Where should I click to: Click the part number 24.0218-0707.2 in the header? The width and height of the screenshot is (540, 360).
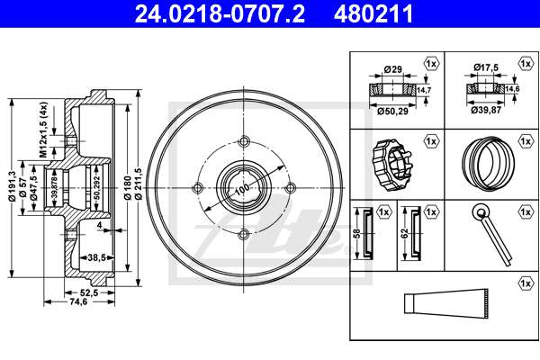click(x=220, y=13)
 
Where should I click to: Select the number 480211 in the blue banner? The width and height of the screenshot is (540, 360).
click(x=373, y=13)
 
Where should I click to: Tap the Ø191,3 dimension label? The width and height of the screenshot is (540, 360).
click(x=13, y=186)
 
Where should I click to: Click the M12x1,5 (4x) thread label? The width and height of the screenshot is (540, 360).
click(x=43, y=130)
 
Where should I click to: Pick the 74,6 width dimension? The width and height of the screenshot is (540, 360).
click(x=79, y=301)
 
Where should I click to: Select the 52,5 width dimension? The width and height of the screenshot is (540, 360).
click(x=89, y=292)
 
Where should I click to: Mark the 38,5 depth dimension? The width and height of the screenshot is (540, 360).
click(x=96, y=257)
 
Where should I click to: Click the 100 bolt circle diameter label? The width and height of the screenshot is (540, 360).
click(x=243, y=188)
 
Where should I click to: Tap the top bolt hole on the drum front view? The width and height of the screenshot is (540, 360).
click(x=244, y=141)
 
